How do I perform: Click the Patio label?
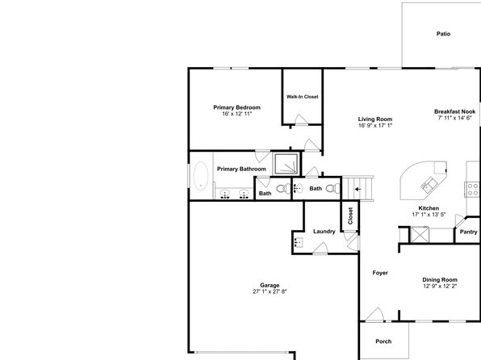pyautogui.click(x=443, y=34)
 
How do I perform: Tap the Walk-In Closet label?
pyautogui.click(x=302, y=97)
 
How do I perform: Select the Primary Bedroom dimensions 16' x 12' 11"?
pyautogui.click(x=236, y=114)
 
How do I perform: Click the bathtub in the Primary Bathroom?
pyautogui.click(x=201, y=176)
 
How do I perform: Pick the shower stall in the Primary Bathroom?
pyautogui.click(x=287, y=164)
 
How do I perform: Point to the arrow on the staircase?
pyautogui.click(x=358, y=189)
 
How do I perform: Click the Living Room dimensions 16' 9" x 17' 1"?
pyautogui.click(x=375, y=126)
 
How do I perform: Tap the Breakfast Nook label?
pyautogui.click(x=454, y=111)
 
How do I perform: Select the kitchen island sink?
pyautogui.click(x=429, y=184)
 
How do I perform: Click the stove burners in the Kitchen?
pyautogui.click(x=473, y=190)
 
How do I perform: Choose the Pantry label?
pyautogui.click(x=468, y=232)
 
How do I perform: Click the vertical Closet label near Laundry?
pyautogui.click(x=350, y=216)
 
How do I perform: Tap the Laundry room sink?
pyautogui.click(x=298, y=242)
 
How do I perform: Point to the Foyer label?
pyautogui.click(x=380, y=273)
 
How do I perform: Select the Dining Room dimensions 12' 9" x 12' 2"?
pyautogui.click(x=440, y=287)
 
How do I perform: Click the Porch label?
pyautogui.click(x=383, y=341)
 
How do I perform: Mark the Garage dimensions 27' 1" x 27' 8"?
pyautogui.click(x=270, y=291)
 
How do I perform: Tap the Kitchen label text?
pyautogui.click(x=429, y=208)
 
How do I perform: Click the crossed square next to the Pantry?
pyautogui.click(x=420, y=234)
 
